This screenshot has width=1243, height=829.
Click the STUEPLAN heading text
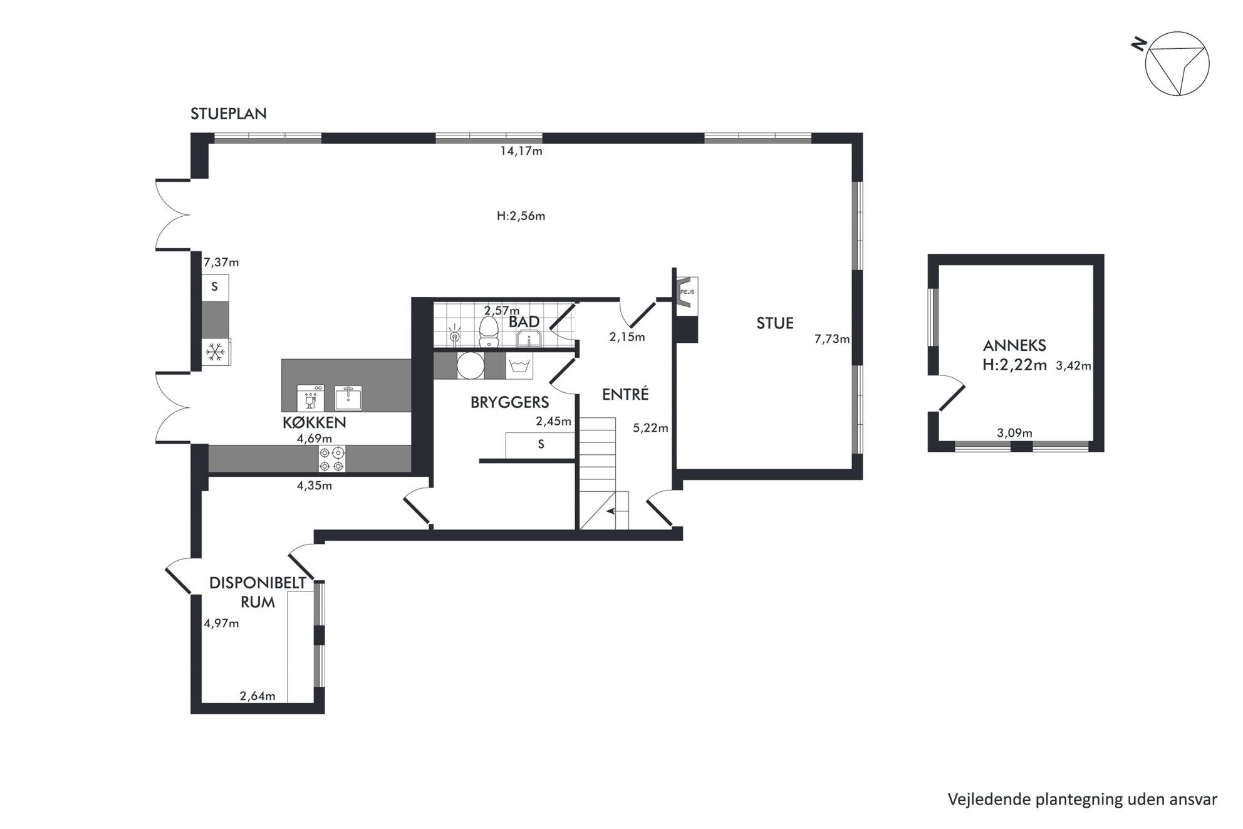click(x=229, y=113)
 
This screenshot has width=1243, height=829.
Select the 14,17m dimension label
click(x=521, y=151)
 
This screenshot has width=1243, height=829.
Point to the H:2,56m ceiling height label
click(x=521, y=216)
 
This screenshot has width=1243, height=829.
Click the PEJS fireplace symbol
click(x=687, y=292)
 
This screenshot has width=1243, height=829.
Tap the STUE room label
click(x=775, y=323)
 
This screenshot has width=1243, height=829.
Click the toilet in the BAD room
click(x=488, y=332)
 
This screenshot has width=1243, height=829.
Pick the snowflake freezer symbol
click(x=216, y=353)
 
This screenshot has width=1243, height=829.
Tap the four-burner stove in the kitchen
click(x=332, y=458)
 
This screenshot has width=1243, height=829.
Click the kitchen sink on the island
click(x=348, y=398)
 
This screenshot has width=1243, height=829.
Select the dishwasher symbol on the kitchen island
click(x=311, y=397)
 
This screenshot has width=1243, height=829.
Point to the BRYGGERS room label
click(x=510, y=402)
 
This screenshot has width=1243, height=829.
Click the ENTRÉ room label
click(x=625, y=394)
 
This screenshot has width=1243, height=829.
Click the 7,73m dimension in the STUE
click(x=832, y=339)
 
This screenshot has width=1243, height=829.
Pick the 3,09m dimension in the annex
click(x=1014, y=433)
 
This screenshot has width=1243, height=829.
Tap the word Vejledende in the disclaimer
click(x=982, y=799)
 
